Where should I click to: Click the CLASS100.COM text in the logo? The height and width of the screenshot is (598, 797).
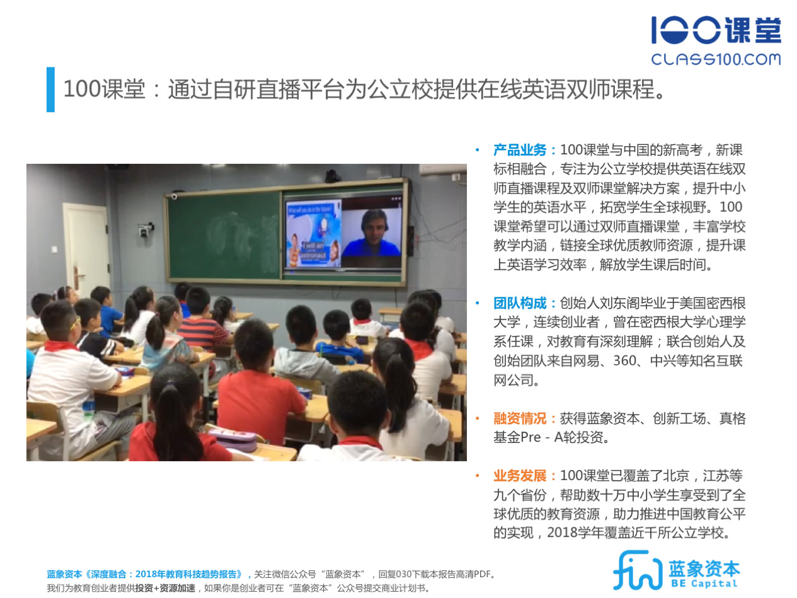716,59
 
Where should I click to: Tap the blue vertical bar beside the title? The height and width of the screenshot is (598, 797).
50,89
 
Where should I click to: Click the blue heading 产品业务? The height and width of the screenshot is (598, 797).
520,150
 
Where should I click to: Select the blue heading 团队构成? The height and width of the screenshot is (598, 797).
520,303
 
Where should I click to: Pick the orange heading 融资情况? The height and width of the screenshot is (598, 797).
520,418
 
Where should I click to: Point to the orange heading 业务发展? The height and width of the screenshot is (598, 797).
520,475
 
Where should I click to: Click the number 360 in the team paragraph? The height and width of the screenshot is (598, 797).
625,360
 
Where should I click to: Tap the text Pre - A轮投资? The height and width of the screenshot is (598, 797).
565,437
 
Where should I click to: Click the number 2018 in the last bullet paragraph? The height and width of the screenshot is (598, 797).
562,532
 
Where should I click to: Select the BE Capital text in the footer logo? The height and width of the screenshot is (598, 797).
704,584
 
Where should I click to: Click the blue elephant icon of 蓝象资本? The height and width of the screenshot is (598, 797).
637,570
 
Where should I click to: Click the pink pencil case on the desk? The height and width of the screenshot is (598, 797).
233,439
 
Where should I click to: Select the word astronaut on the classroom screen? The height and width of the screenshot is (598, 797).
313,255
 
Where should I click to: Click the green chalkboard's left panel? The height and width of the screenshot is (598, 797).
224,236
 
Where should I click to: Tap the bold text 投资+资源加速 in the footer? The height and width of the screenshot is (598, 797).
165,588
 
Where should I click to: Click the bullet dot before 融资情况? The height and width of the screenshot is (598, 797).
478,418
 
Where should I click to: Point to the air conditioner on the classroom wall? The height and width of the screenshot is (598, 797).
443,169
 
